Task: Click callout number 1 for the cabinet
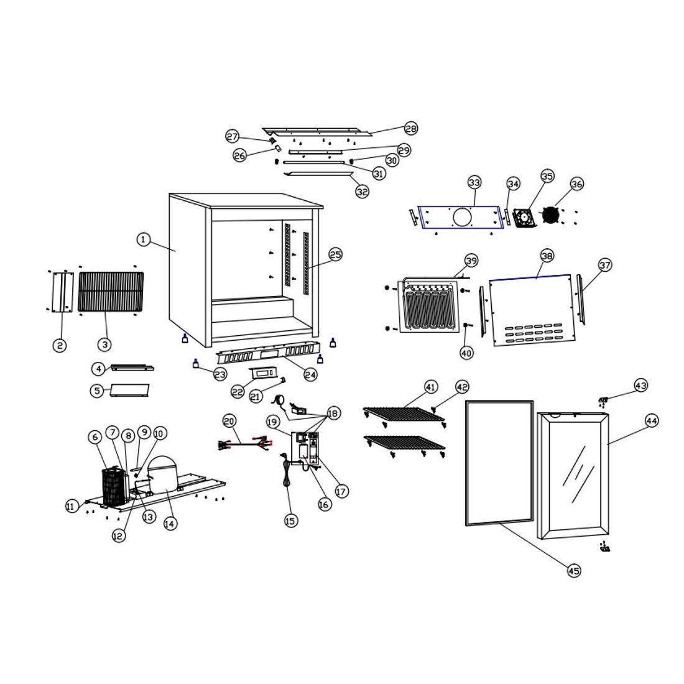(x=144, y=239)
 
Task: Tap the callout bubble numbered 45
(x=574, y=570)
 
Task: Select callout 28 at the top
(x=410, y=128)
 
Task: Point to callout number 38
(x=547, y=256)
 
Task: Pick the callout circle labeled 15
(x=290, y=520)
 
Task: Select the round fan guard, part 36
(x=550, y=215)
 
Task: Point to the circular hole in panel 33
(x=462, y=217)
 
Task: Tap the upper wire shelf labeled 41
(x=404, y=414)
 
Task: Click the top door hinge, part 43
(x=603, y=399)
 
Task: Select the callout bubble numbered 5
(x=97, y=391)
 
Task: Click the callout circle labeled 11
(x=72, y=506)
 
